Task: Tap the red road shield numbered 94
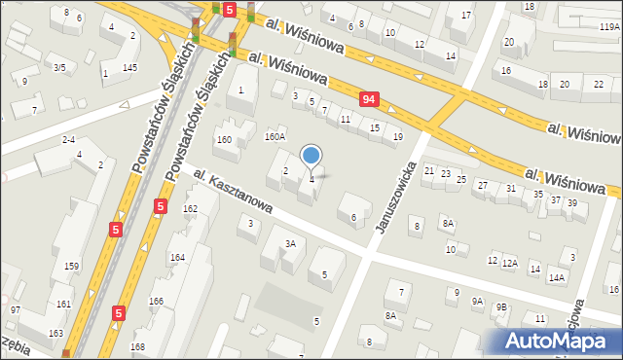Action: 368,99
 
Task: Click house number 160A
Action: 275,137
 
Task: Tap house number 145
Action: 129,66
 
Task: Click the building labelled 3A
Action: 289,243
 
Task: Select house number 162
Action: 190,209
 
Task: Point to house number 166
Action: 156,301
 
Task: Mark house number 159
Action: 71,266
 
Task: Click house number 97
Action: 16,309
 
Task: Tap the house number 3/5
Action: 59,67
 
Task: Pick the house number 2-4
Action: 69,139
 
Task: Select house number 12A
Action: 510,263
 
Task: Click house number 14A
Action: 557,277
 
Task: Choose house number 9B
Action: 501,307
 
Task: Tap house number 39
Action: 572,202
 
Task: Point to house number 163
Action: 55,334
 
